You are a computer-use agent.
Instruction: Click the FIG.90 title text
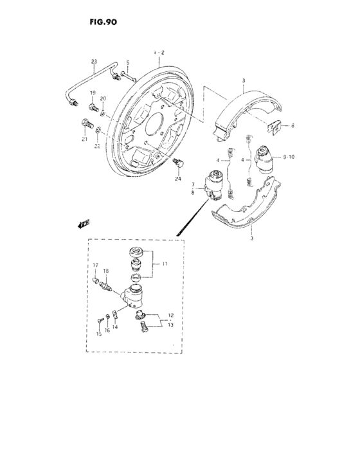point(104,21)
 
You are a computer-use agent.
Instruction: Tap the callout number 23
point(94,62)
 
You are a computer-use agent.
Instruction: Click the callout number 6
point(292,126)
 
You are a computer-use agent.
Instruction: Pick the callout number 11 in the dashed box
point(165,264)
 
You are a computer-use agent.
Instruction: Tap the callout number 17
point(94,265)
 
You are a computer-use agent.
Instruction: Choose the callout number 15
point(99,334)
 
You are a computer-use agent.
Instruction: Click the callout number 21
point(84,138)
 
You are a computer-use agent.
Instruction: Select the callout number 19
point(93,93)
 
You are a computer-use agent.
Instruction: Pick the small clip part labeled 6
point(274,127)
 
